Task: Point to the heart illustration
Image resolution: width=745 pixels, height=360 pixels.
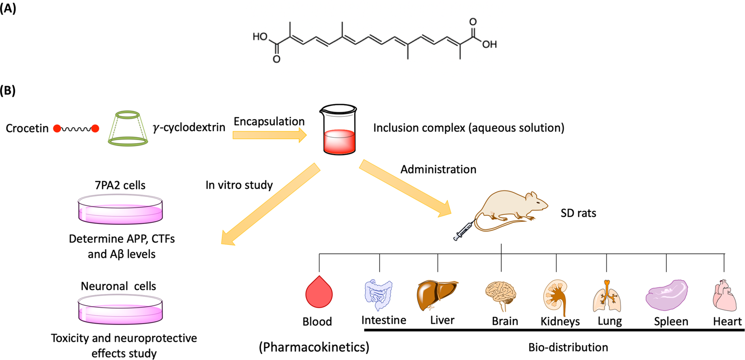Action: coord(723,296)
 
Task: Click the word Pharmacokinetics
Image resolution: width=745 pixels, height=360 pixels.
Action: coord(314,347)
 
